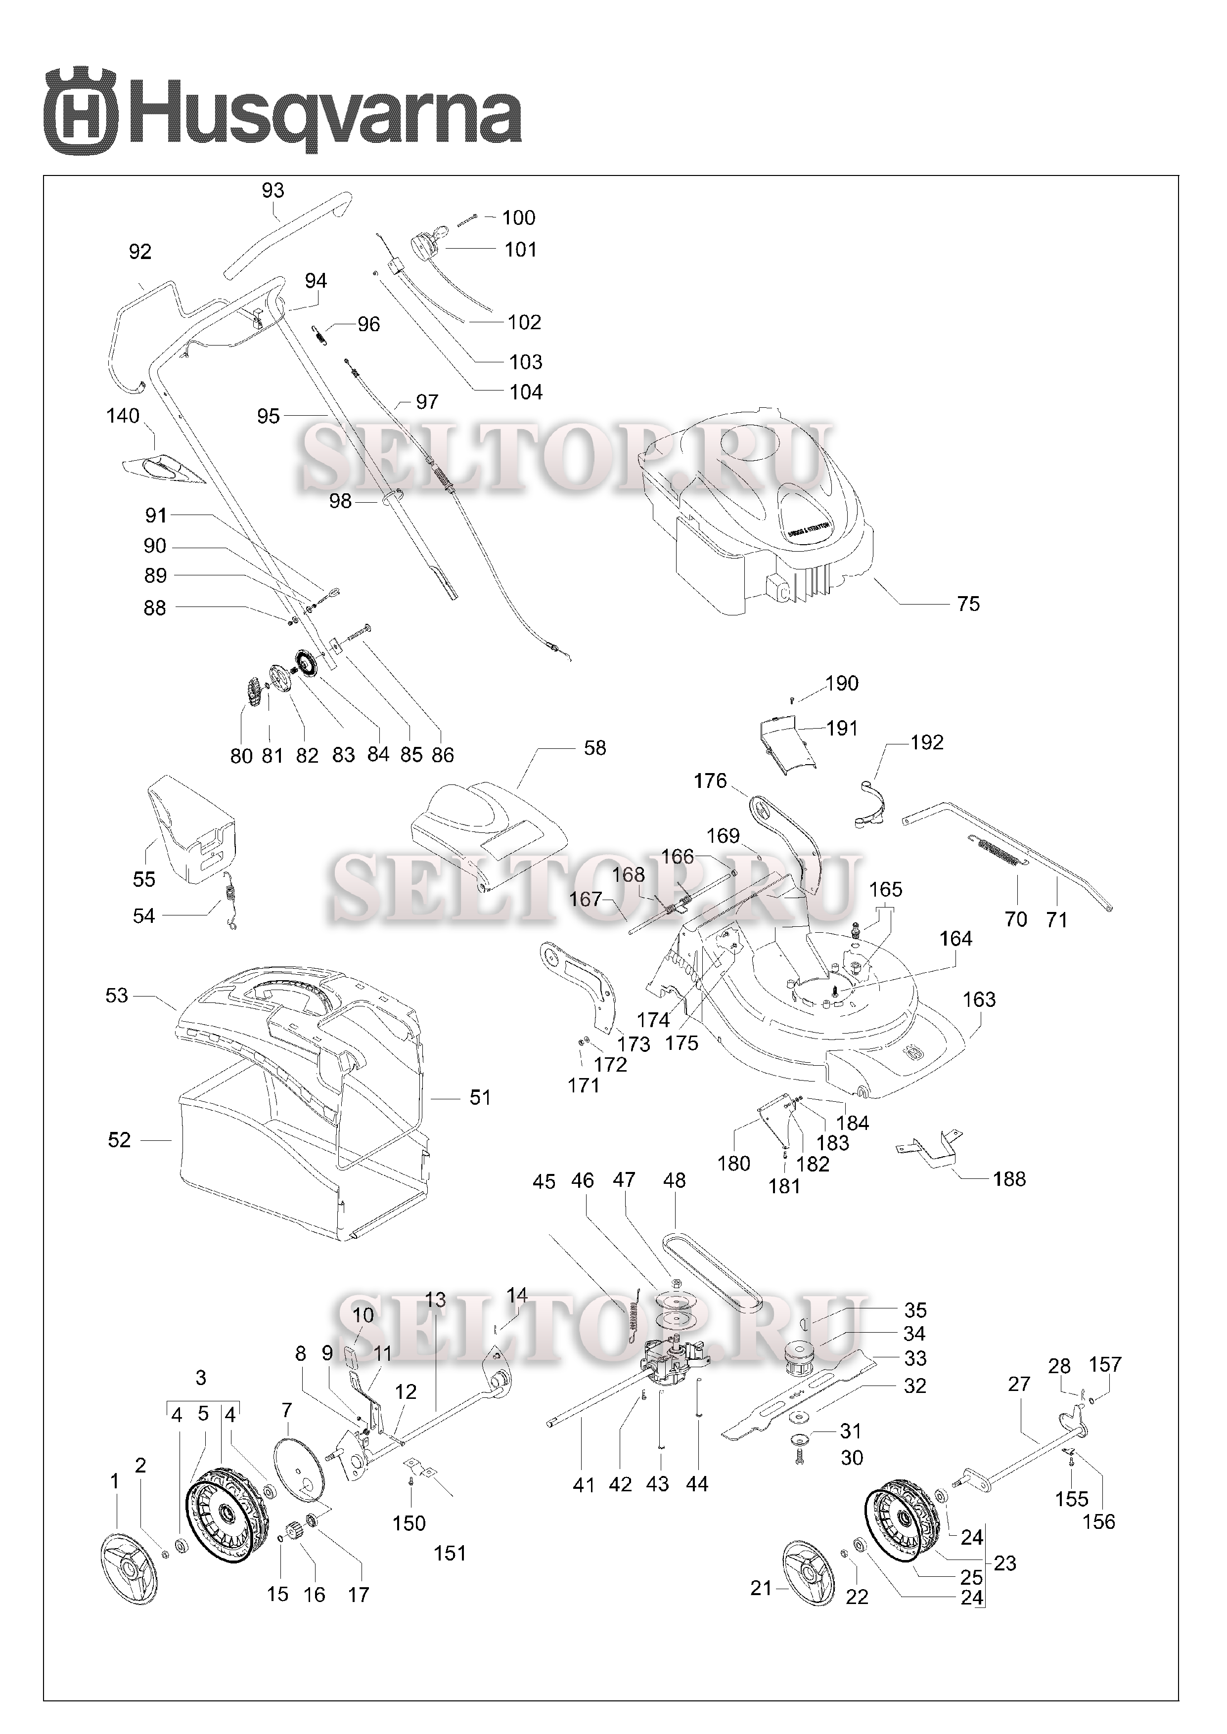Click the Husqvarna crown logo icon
(x=81, y=110)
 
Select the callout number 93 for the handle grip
(x=273, y=190)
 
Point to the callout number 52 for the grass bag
(x=119, y=1140)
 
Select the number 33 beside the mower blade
(x=916, y=1359)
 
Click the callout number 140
(x=123, y=416)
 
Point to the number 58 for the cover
(x=595, y=748)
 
